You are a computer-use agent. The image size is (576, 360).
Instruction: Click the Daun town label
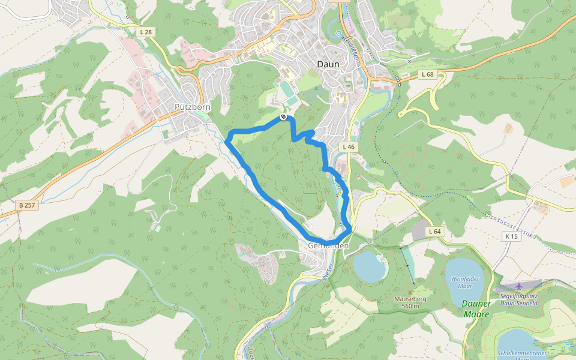328,64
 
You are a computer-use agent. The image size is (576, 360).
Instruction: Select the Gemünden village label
328,246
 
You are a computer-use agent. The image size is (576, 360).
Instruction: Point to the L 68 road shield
427,74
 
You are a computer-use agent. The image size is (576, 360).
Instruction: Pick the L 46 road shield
349,147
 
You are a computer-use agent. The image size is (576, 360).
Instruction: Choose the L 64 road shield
435,232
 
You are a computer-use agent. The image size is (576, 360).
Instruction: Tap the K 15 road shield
511,236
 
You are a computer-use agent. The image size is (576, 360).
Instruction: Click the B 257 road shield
27,205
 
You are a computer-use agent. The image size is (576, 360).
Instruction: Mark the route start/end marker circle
283,117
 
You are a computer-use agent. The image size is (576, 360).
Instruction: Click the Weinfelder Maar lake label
466,282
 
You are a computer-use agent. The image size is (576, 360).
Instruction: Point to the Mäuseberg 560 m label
410,302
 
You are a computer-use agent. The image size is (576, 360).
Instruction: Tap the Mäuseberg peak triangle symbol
410,293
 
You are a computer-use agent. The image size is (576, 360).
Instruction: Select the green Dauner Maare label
476,308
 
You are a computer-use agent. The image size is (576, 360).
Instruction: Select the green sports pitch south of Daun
286,89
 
